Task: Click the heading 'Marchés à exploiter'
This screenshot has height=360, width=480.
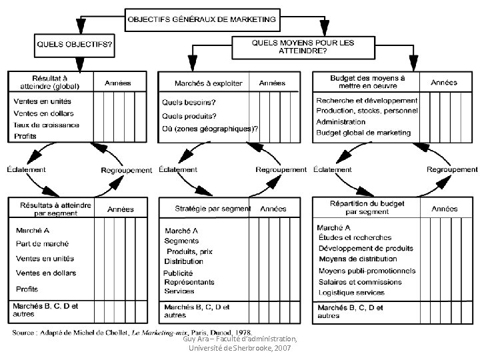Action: pos(208,83)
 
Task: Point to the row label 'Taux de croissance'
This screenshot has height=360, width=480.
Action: pos(47,125)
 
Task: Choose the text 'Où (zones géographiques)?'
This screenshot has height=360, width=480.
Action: pos(210,129)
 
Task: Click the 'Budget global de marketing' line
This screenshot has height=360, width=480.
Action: pos(363,133)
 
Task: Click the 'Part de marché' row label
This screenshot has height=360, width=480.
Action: pos(42,243)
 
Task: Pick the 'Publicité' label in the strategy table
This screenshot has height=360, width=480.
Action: pos(178,273)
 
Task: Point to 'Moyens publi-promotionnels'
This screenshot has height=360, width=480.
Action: pos(367,271)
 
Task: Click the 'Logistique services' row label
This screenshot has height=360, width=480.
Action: pos(351,292)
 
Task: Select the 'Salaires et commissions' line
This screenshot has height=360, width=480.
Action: pos(360,281)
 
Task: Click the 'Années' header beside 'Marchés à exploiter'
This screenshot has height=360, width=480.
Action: pos(272,83)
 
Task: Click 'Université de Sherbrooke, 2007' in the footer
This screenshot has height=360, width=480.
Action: pos(240,348)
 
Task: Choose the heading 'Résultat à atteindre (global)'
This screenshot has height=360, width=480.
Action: pos(50,81)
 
